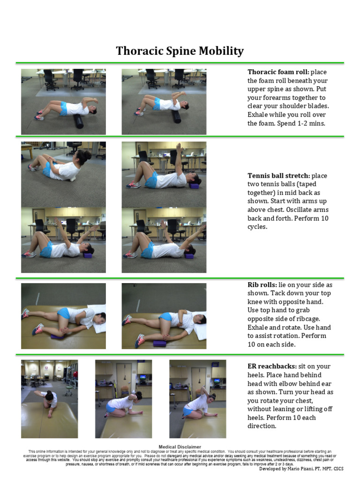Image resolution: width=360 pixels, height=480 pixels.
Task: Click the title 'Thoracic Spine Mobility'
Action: pyautogui.click(x=180, y=51)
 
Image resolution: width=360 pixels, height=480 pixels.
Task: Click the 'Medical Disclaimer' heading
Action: pyautogui.click(x=180, y=447)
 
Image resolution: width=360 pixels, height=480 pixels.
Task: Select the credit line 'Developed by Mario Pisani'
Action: pyautogui.click(x=295, y=468)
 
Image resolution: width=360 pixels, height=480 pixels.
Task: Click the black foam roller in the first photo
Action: pyautogui.click(x=77, y=120)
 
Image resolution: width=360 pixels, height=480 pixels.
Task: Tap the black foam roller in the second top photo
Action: pyautogui.click(x=176, y=115)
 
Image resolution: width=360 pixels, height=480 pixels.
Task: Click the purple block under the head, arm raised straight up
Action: pyautogui.click(x=194, y=186)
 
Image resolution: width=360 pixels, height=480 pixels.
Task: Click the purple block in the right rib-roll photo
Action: pyautogui.click(x=159, y=344)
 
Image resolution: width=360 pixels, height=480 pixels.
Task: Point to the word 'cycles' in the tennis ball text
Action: pyautogui.click(x=258, y=227)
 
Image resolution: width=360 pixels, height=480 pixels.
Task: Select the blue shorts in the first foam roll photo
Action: pyautogui.click(x=63, y=108)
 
